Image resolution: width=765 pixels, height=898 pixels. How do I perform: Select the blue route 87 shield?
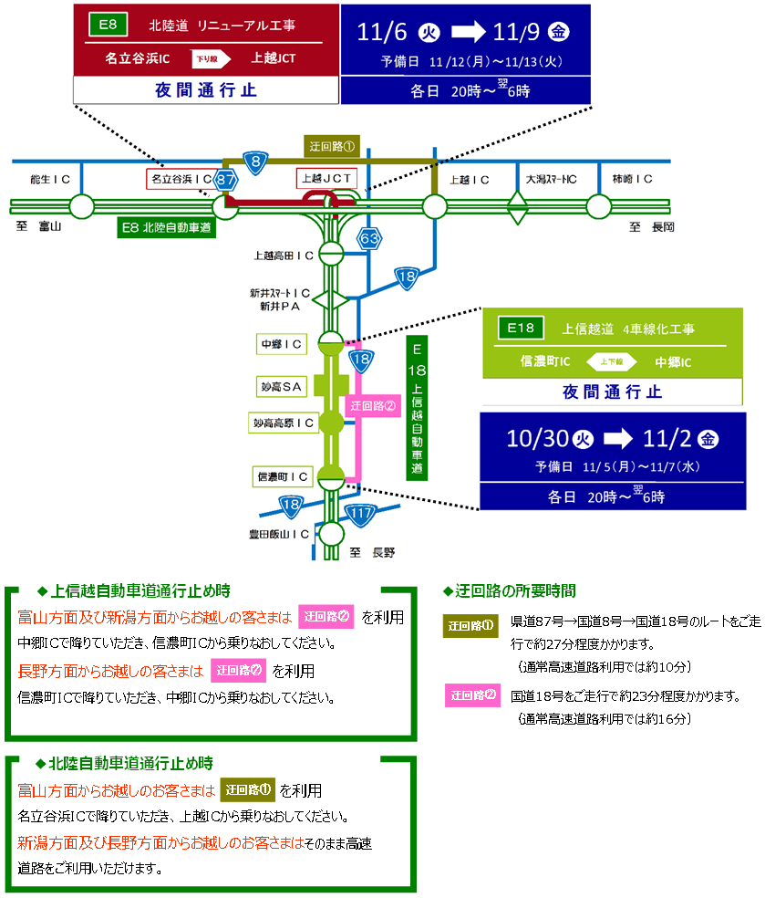coord(225,181)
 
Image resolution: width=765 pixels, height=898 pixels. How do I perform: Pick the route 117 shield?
coord(362,514)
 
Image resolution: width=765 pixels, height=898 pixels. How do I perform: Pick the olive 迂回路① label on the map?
coord(332,145)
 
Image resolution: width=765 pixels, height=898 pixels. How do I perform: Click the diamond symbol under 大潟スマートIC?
coord(518,207)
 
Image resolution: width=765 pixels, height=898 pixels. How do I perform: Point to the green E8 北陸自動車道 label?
coord(166,227)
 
